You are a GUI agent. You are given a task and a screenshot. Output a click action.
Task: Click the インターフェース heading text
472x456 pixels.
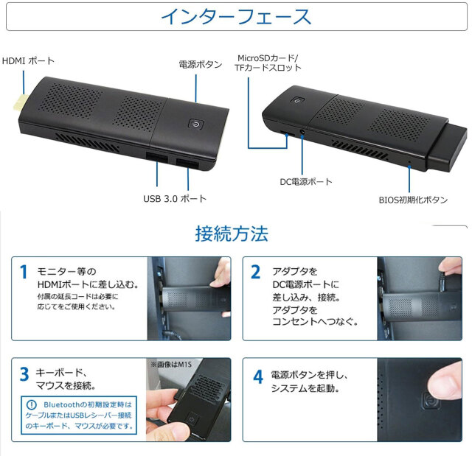(x=236, y=16)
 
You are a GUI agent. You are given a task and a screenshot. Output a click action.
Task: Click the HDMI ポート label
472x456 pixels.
(x=29, y=60)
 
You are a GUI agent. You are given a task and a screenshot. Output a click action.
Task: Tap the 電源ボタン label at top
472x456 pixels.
(x=200, y=65)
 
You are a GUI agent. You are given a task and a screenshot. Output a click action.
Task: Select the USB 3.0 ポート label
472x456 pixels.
(x=175, y=198)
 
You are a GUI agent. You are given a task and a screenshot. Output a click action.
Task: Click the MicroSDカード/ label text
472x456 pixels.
(x=268, y=57)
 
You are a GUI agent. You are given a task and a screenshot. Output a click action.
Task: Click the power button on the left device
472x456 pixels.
(x=195, y=125)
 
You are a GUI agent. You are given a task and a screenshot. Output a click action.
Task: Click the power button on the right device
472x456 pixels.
(x=296, y=102)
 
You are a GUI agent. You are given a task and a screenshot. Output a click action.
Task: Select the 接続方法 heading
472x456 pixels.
(x=232, y=234)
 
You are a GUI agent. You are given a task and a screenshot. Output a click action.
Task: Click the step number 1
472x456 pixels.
(x=23, y=273)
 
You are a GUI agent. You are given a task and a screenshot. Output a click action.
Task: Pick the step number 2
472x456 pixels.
(x=256, y=273)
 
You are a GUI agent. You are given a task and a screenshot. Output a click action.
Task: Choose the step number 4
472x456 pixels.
(x=257, y=376)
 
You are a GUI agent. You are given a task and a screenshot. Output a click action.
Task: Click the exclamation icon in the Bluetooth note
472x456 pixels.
(x=31, y=404)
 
